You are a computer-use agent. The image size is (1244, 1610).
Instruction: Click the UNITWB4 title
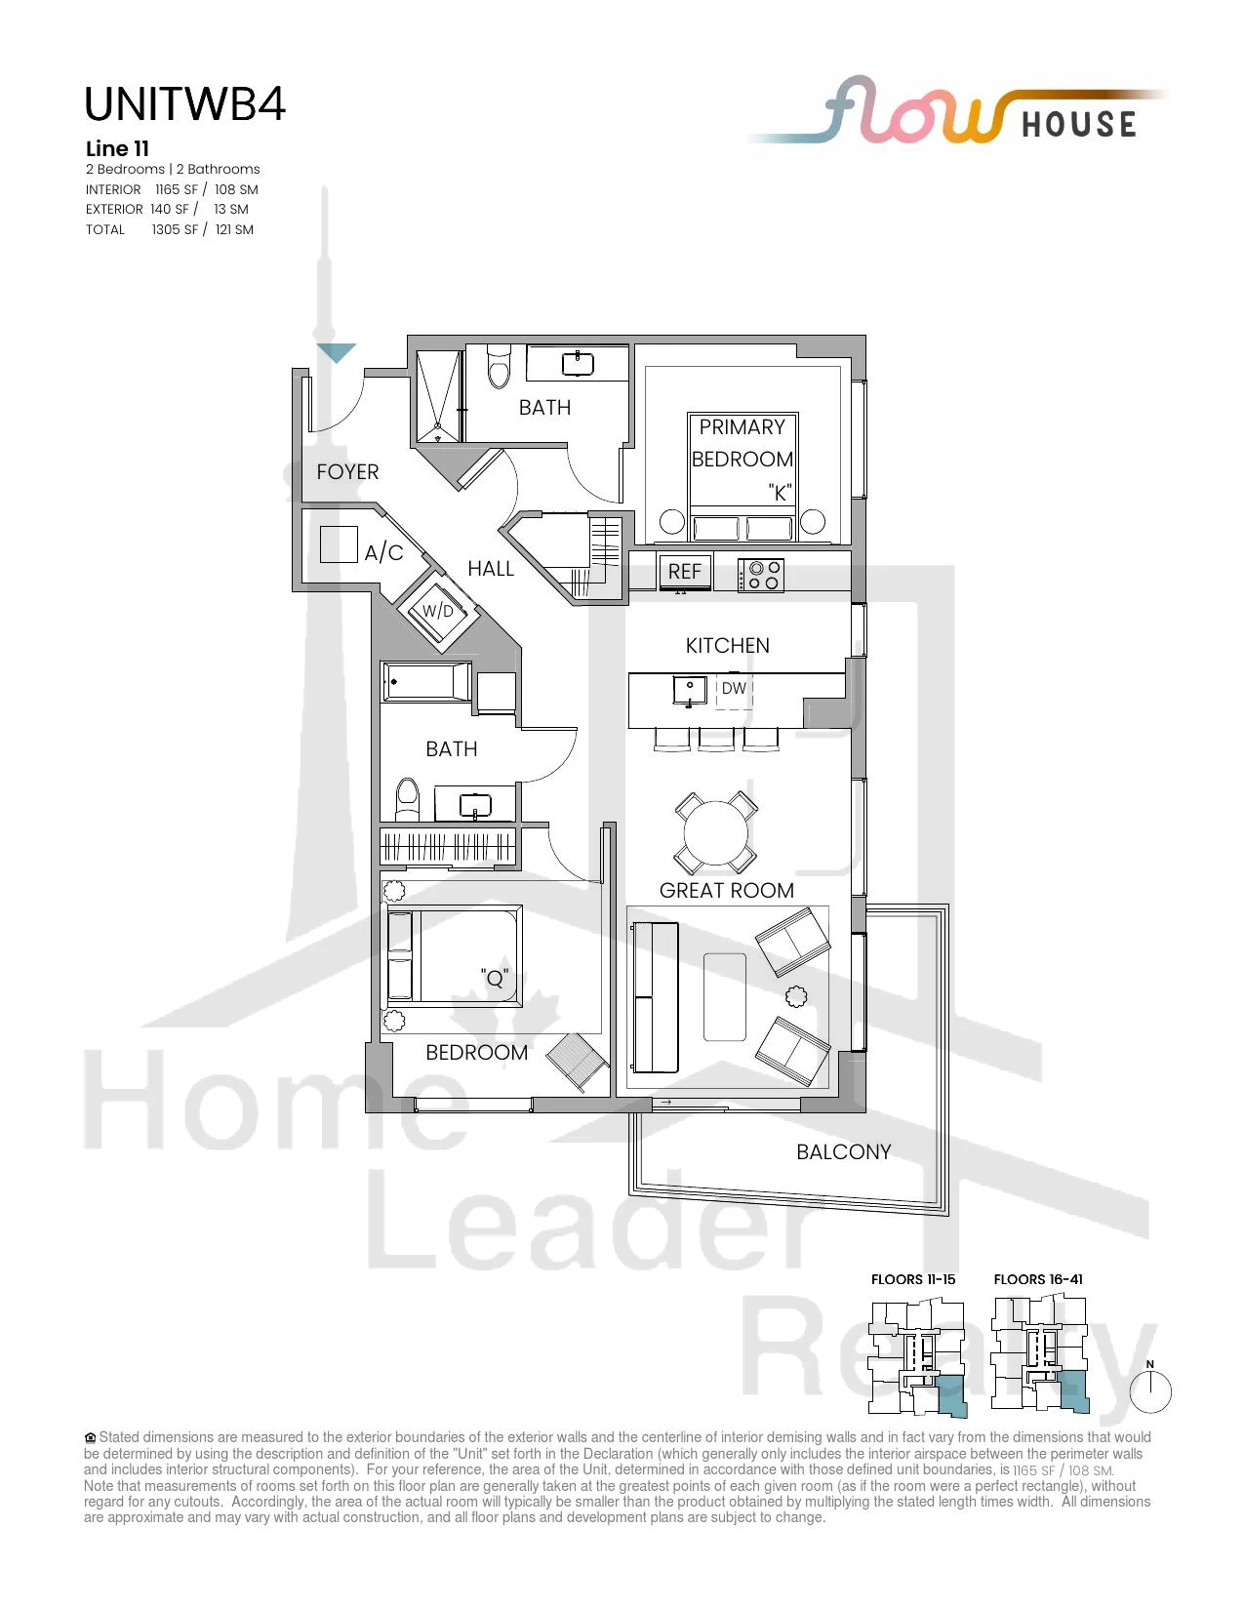click(x=184, y=104)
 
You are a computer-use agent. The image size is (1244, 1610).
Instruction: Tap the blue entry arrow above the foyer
click(x=337, y=352)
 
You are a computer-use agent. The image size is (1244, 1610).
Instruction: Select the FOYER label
click(x=347, y=472)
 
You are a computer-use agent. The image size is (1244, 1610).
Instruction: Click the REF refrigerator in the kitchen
click(x=685, y=571)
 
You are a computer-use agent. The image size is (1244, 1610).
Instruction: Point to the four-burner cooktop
click(x=761, y=575)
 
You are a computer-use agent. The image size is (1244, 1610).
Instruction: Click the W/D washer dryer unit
click(x=438, y=611)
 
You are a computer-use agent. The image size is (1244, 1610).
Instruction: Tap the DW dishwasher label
click(x=734, y=688)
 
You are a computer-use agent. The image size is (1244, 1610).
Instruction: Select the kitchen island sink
click(x=690, y=691)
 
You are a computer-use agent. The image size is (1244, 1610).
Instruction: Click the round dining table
click(x=716, y=832)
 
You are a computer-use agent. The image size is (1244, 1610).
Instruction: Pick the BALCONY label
click(x=843, y=1152)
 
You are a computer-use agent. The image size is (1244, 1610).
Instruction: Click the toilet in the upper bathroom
click(x=500, y=365)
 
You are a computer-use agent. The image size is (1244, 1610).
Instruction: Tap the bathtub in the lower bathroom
click(x=426, y=682)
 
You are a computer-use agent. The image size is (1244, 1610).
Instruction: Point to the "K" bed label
click(x=781, y=493)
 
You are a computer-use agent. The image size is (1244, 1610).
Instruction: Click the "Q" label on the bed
click(x=495, y=979)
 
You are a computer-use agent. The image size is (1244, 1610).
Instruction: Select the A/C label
click(x=383, y=552)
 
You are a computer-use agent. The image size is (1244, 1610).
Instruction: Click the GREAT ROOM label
click(x=726, y=891)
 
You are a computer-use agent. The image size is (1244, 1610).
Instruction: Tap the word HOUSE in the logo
click(x=1079, y=125)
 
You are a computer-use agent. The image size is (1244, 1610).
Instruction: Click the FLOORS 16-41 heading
click(x=1038, y=1279)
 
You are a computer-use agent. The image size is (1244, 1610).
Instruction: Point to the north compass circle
click(x=1150, y=1392)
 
